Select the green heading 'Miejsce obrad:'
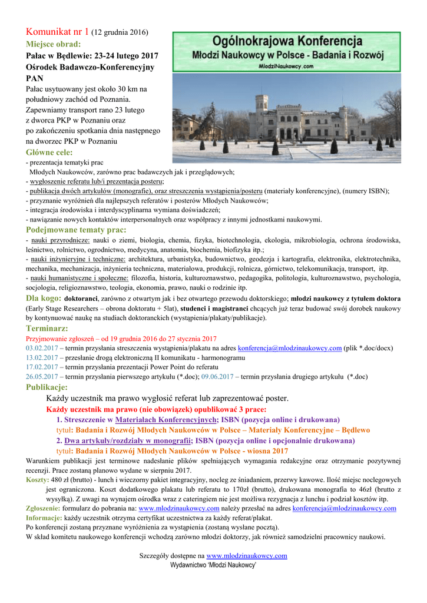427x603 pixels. point(53,44)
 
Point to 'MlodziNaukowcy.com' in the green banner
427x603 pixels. point(286,67)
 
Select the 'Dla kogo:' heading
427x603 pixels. point(43,298)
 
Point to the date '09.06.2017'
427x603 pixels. point(217,376)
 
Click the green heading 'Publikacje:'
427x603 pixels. point(47,387)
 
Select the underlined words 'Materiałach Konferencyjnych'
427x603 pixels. point(166,420)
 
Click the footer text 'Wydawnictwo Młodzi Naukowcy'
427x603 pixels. point(213,564)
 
